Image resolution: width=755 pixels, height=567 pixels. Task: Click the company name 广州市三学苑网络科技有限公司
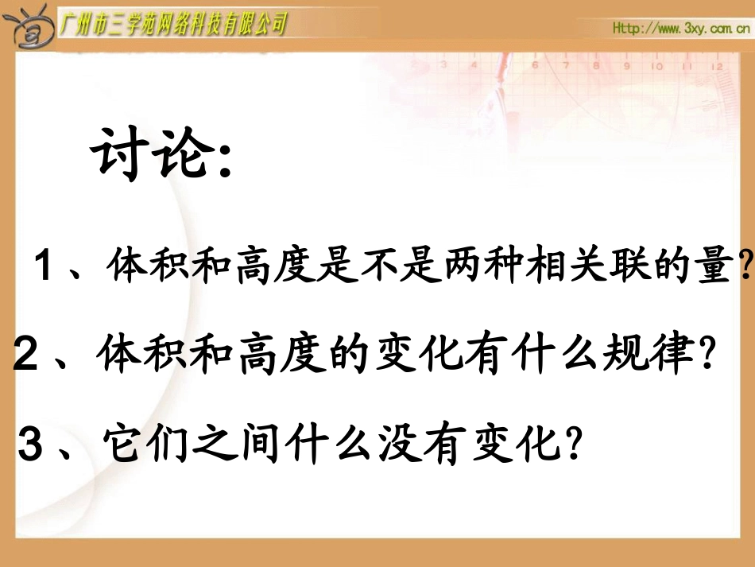[x=173, y=26]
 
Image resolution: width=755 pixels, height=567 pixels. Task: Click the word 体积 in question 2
[x=131, y=357]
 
